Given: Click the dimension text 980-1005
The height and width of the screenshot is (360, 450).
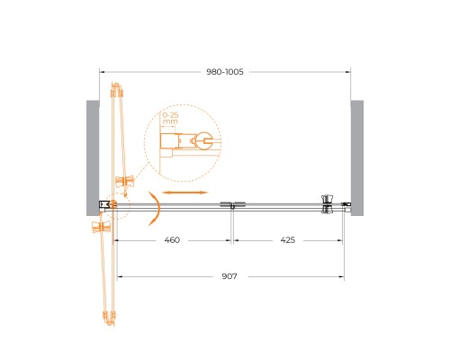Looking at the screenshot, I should click(x=224, y=71).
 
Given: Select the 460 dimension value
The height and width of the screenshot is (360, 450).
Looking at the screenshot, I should click(x=173, y=240).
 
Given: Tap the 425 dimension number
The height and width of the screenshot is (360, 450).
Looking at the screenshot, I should click(x=288, y=240).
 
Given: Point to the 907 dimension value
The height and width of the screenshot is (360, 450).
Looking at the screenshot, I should click(x=227, y=276).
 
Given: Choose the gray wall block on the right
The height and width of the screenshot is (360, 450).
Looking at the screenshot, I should click(x=356, y=157).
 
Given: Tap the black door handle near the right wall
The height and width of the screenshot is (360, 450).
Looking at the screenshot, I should click(x=326, y=204).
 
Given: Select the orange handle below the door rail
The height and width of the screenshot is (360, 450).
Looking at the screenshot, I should click(x=101, y=227).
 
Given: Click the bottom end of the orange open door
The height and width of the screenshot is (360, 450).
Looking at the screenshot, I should click(x=110, y=317).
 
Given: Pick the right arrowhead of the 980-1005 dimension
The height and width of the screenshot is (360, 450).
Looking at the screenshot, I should click(x=347, y=71).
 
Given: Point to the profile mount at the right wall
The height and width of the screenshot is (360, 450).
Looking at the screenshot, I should click(x=346, y=205).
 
